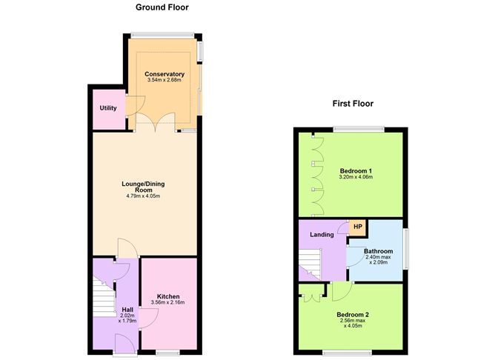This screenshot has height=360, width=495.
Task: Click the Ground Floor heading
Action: coord(162,7)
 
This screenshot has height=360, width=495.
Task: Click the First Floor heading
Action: coord(353,104)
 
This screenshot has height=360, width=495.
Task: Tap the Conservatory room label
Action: coord(165,74)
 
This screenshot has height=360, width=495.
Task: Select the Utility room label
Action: coord(108,108)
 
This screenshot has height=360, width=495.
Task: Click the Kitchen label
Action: coord(169,296)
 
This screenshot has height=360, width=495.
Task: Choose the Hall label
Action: coord(127,309)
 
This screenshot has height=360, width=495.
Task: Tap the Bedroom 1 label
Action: coord(351,170)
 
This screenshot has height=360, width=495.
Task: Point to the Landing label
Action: coord(322,236)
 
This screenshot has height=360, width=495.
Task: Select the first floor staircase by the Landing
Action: coord(310,264)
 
